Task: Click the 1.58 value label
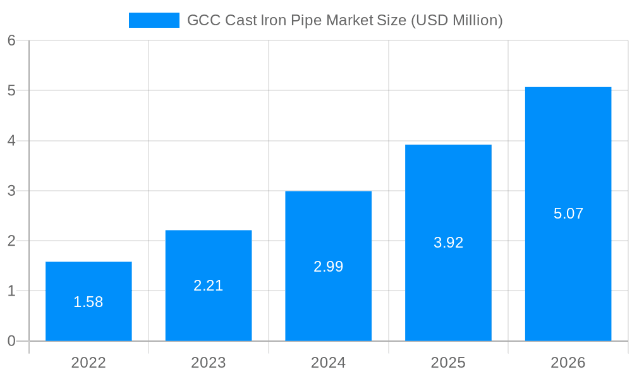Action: tap(88, 302)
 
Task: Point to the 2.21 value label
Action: tap(209, 286)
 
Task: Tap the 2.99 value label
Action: tap(328, 267)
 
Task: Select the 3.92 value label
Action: tap(448, 243)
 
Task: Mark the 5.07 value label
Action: tap(568, 214)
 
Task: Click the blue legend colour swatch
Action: tap(154, 20)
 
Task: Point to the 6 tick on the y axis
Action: tap(11, 40)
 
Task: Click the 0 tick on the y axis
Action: tap(11, 341)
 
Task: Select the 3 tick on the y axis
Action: tap(11, 191)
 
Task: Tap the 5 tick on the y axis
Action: tap(11, 90)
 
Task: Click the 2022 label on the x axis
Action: tap(88, 363)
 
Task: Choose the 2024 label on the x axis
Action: tap(328, 363)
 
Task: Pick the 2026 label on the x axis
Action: tap(568, 363)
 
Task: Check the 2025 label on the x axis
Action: tap(448, 363)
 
